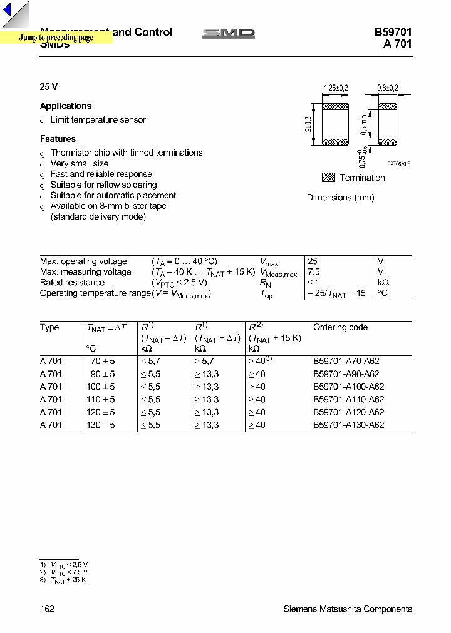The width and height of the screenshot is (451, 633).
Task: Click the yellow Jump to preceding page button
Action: pyautogui.click(x=56, y=38)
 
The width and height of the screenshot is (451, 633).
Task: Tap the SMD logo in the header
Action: pyautogui.click(x=229, y=33)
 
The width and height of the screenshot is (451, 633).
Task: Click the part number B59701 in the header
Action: pyautogui.click(x=393, y=33)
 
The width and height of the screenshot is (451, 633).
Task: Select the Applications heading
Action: pyautogui.click(x=66, y=106)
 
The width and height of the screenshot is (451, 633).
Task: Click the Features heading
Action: pyautogui.click(x=58, y=139)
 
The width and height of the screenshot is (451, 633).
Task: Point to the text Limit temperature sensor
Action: pyautogui.click(x=98, y=120)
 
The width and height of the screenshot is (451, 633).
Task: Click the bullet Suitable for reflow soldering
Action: pyautogui.click(x=103, y=185)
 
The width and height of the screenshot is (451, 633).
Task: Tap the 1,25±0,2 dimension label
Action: pyautogui.click(x=335, y=89)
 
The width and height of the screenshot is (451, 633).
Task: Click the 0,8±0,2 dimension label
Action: pyautogui.click(x=387, y=89)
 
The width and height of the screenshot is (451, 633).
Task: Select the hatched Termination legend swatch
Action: pyautogui.click(x=328, y=178)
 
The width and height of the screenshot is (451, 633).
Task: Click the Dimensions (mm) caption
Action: pyautogui.click(x=340, y=198)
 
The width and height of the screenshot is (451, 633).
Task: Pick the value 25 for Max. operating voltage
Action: pyautogui.click(x=313, y=261)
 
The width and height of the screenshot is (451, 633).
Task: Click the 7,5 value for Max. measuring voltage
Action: pyautogui.click(x=314, y=272)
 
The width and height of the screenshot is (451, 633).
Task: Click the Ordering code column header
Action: pyautogui.click(x=340, y=327)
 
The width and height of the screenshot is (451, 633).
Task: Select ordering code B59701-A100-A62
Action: pyautogui.click(x=348, y=387)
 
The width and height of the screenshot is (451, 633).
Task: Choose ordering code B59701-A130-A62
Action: pyautogui.click(x=348, y=425)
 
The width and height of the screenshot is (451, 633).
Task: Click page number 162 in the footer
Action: pyautogui.click(x=47, y=609)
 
